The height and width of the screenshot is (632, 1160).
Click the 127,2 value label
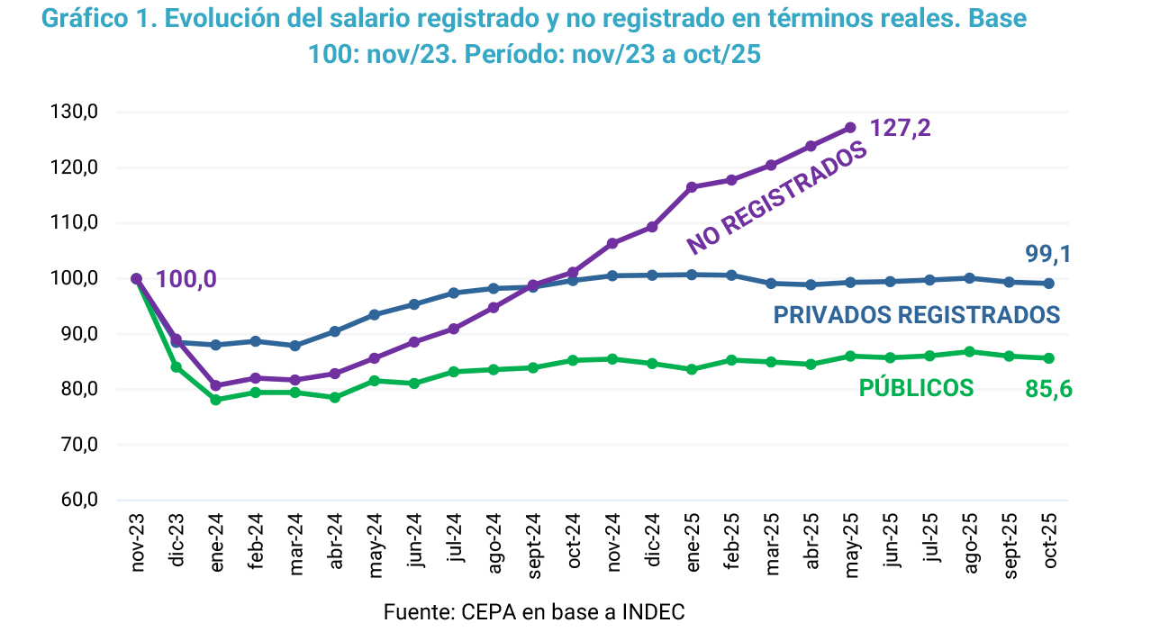(x=900, y=129)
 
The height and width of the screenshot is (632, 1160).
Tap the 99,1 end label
(x=1048, y=255)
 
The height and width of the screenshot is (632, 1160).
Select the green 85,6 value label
(x=1048, y=390)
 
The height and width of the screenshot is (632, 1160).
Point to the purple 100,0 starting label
(x=186, y=279)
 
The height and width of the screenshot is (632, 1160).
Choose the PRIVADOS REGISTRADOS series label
(x=916, y=314)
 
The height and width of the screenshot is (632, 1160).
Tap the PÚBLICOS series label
(x=916, y=388)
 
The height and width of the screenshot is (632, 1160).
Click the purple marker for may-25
(x=850, y=128)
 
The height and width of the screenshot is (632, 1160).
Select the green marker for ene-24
(x=216, y=400)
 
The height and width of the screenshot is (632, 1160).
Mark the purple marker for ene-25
(x=692, y=187)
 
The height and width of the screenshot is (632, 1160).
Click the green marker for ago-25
(x=969, y=352)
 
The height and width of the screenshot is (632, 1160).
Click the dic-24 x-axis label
(x=652, y=539)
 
